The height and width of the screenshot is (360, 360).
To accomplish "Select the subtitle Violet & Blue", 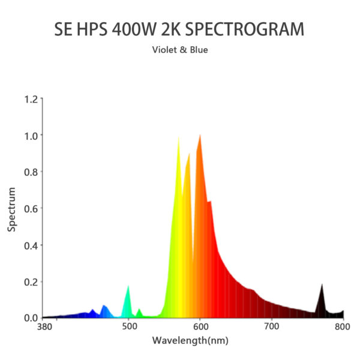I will (x=180, y=50).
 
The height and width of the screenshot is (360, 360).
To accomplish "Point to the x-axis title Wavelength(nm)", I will (x=190, y=341).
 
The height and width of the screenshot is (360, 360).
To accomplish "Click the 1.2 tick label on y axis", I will (x=30, y=99).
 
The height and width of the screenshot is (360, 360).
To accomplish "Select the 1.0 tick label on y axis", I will (x=30, y=136).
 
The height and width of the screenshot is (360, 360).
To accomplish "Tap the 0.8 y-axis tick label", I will (x=30, y=172).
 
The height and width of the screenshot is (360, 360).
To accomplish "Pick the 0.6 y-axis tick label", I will (x=30, y=208).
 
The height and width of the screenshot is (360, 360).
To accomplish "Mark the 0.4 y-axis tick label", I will (x=30, y=245).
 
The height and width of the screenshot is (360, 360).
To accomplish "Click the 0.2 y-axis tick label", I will (x=30, y=281).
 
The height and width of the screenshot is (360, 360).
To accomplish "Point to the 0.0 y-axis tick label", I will (x=30, y=317).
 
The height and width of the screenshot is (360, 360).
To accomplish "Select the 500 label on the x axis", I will (x=129, y=327).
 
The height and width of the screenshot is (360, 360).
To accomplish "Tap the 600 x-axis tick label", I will (x=200, y=327).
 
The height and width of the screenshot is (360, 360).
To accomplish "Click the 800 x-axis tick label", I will (x=342, y=327).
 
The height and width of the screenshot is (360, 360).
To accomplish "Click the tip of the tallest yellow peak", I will (x=179, y=137).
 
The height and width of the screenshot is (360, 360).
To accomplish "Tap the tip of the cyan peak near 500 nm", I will (x=128, y=286).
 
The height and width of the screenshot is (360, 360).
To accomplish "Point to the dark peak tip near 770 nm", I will (x=322, y=284).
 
